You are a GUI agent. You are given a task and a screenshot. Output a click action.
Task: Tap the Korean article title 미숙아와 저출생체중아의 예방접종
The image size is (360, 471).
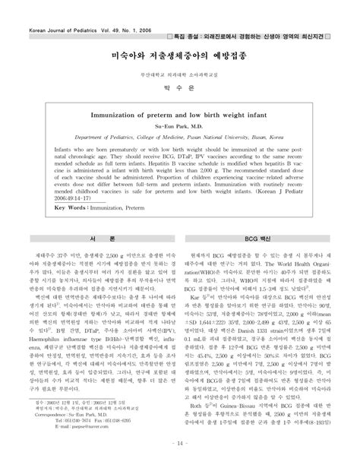pyautogui.click(x=180, y=56)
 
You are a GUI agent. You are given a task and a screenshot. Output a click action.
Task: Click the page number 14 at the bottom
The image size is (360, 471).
pyautogui.click(x=180, y=463)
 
